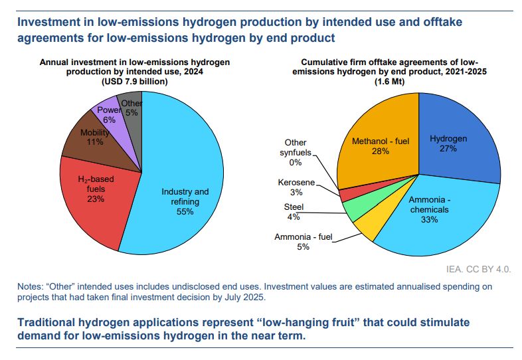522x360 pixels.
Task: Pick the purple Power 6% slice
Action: (x=110, y=114)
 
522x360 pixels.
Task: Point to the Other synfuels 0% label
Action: (x=296, y=152)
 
